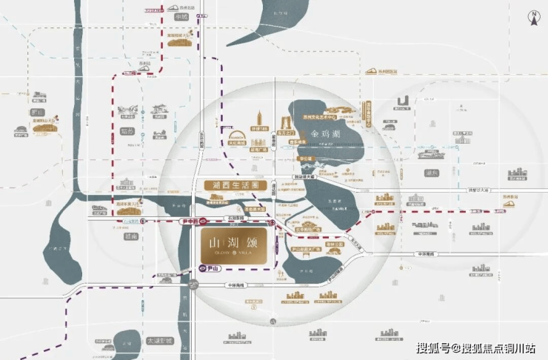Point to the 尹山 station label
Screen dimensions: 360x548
tap(210, 269)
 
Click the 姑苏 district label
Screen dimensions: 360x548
tap(124, 131)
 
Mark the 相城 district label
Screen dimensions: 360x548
tap(180, 16)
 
